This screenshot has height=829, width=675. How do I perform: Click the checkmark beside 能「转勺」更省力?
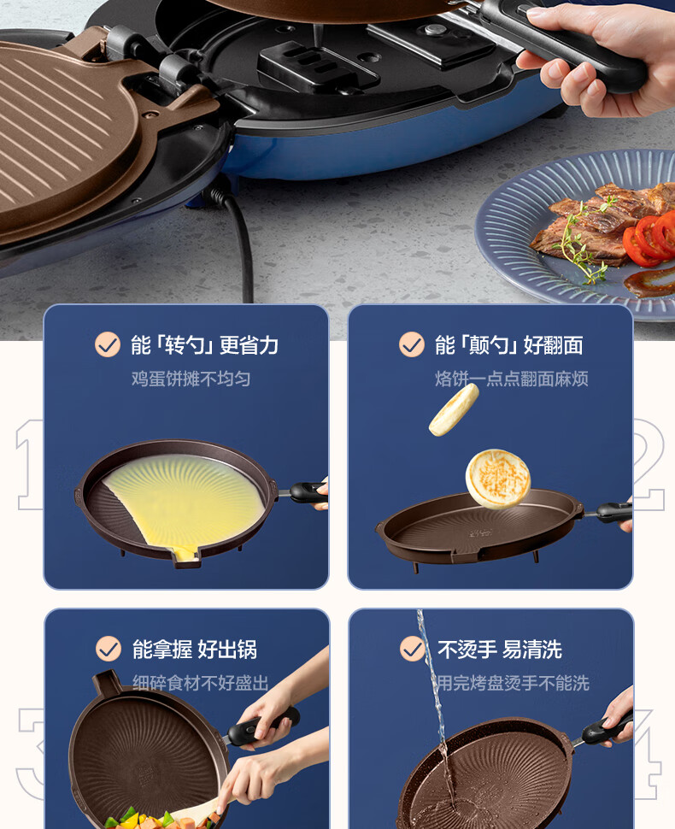tap(108, 344)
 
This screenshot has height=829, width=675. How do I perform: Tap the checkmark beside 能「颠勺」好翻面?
tap(412, 344)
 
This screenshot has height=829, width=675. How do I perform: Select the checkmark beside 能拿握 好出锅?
tap(109, 649)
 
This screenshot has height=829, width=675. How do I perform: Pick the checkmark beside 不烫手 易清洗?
tap(413, 649)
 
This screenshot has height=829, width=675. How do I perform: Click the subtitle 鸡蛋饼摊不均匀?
tap(191, 379)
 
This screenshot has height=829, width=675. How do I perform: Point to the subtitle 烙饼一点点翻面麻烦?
tap(511, 379)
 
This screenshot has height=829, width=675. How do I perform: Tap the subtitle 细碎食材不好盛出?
tap(200, 683)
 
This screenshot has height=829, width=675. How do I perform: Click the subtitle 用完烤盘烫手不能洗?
tap(513, 683)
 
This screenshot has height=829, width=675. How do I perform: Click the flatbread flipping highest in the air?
tap(454, 409)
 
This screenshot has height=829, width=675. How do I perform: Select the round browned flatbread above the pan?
tap(498, 479)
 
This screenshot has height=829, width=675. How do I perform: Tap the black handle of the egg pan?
tap(308, 493)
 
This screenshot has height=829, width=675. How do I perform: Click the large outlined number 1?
tap(30, 464)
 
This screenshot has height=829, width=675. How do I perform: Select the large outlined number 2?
tap(649, 464)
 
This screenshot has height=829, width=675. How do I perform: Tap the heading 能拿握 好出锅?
tap(194, 650)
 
